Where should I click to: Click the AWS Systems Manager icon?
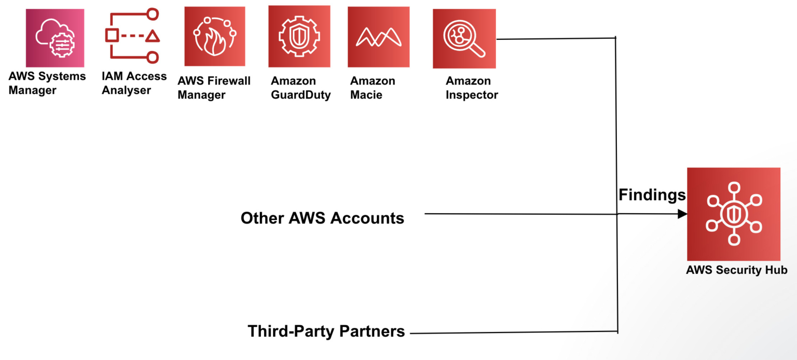(x=54, y=38)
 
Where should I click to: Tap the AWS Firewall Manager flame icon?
(x=214, y=36)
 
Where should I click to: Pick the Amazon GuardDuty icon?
(x=299, y=36)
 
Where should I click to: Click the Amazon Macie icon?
(x=378, y=37)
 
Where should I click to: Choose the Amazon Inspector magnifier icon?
(x=464, y=38)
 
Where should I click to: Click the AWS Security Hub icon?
(x=733, y=214)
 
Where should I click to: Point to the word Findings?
(x=652, y=195)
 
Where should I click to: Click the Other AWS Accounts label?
(x=322, y=218)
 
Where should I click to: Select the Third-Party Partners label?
(x=326, y=331)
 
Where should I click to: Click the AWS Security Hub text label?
(x=736, y=270)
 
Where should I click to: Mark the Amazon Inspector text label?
(x=471, y=88)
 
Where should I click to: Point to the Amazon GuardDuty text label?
(x=300, y=88)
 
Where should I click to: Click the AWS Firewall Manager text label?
(x=214, y=88)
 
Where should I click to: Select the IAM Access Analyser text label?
(x=134, y=83)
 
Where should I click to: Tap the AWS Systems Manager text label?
(x=47, y=83)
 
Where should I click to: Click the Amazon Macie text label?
(x=372, y=88)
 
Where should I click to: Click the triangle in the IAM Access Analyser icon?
(x=152, y=36)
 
